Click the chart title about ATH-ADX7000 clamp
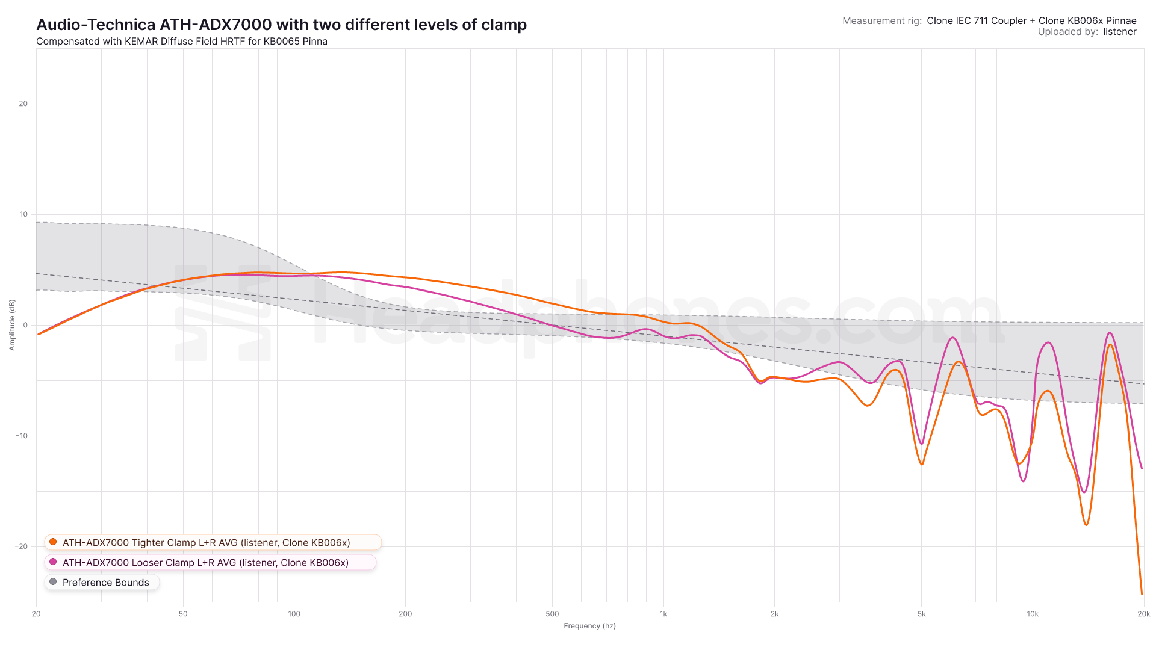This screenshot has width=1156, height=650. tap(281, 25)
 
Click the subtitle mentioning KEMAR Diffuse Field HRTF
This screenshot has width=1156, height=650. tap(182, 42)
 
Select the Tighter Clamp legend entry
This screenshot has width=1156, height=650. tap(206, 542)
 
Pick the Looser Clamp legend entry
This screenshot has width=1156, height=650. tap(205, 562)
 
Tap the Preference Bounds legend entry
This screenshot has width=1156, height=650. tap(105, 582)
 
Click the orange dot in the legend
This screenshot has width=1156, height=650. tap(53, 542)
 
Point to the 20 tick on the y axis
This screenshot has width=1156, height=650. tap(23, 104)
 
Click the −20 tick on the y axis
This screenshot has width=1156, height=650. tap(22, 546)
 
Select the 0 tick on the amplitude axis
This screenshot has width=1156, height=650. tap(25, 325)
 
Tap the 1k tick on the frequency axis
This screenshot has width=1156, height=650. tap(663, 614)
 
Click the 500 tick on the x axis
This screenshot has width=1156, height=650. tap(552, 614)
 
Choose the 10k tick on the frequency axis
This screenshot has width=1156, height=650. tap(1033, 614)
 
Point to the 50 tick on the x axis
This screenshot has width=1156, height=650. tap(183, 614)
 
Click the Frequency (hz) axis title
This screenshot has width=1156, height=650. tap(589, 626)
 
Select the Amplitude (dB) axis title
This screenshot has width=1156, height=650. tap(12, 325)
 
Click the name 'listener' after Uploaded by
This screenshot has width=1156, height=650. tap(1119, 32)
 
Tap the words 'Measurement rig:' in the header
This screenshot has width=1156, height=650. tap(881, 20)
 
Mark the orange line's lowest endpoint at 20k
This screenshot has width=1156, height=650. tap(1142, 594)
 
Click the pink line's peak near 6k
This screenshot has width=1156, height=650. tap(953, 338)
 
